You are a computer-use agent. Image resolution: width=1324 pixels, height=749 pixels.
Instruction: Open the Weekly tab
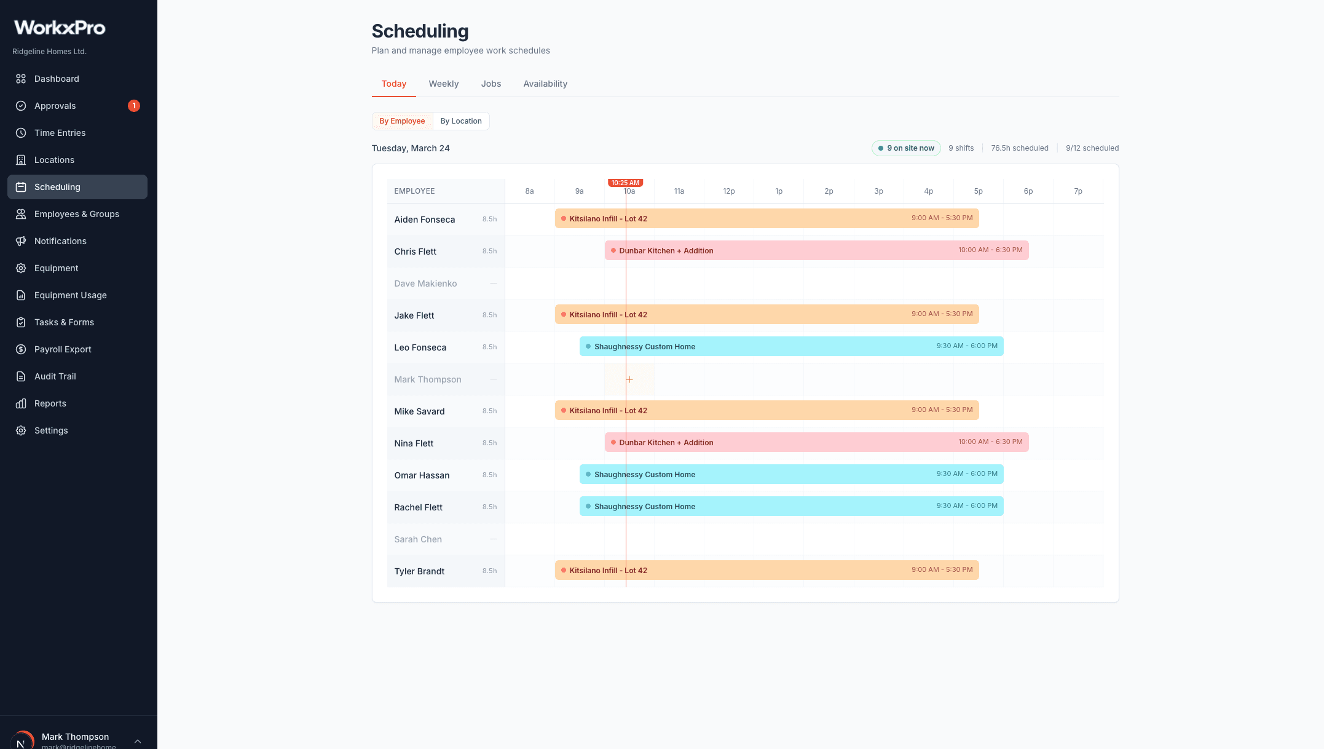pyautogui.click(x=443, y=84)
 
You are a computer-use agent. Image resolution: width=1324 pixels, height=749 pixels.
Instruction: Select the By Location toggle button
pyautogui.click(x=460, y=121)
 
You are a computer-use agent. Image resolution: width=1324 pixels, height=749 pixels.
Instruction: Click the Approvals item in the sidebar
pyautogui.click(x=55, y=106)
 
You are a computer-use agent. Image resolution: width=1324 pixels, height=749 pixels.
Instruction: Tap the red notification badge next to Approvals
pyautogui.click(x=134, y=106)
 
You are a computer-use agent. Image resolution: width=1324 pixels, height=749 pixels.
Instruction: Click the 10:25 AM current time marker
pyautogui.click(x=625, y=183)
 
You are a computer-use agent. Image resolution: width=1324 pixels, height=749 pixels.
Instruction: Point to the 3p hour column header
pyautogui.click(x=878, y=191)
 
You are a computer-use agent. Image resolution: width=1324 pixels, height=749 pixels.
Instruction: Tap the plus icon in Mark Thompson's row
pyautogui.click(x=629, y=379)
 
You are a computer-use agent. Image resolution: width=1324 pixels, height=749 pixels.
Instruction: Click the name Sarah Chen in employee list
pyautogui.click(x=418, y=539)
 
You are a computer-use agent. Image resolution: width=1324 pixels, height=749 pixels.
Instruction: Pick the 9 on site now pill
pyautogui.click(x=906, y=148)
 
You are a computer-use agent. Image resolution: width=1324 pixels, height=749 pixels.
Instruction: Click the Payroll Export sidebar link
pyautogui.click(x=63, y=349)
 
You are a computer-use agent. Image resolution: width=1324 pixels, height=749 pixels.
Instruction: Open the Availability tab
pyautogui.click(x=545, y=84)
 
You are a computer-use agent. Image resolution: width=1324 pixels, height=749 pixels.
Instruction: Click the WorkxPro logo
pyautogui.click(x=60, y=28)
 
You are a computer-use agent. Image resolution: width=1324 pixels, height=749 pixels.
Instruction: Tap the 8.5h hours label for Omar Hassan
pyautogui.click(x=489, y=475)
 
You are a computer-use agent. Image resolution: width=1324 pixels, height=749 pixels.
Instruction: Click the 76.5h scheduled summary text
pyautogui.click(x=1019, y=148)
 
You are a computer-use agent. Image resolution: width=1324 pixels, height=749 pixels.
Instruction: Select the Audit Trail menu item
pyautogui.click(x=55, y=376)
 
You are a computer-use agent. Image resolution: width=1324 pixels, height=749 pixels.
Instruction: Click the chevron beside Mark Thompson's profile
pyautogui.click(x=138, y=741)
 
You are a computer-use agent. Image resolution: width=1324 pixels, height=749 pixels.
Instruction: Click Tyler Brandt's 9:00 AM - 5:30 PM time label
pyautogui.click(x=942, y=569)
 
